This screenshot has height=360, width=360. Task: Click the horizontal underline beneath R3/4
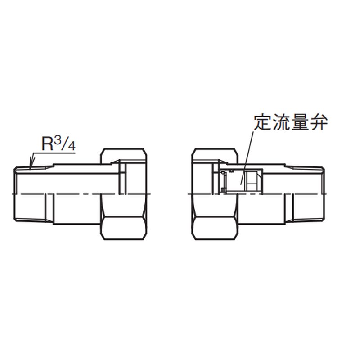point(54,153)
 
